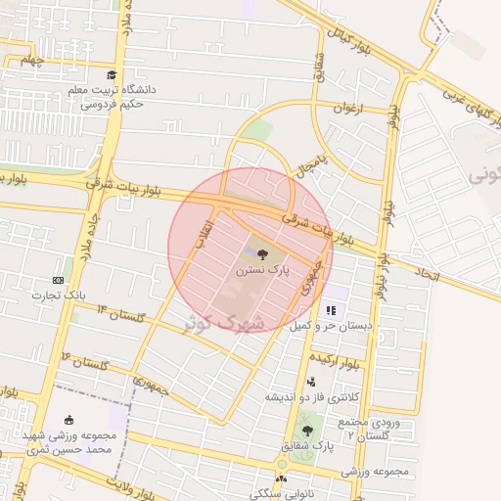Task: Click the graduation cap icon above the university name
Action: pos(111,75)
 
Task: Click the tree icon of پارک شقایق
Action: pos(308,430)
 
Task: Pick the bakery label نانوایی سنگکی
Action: pos(283,492)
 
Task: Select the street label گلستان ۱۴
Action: pos(121,313)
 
